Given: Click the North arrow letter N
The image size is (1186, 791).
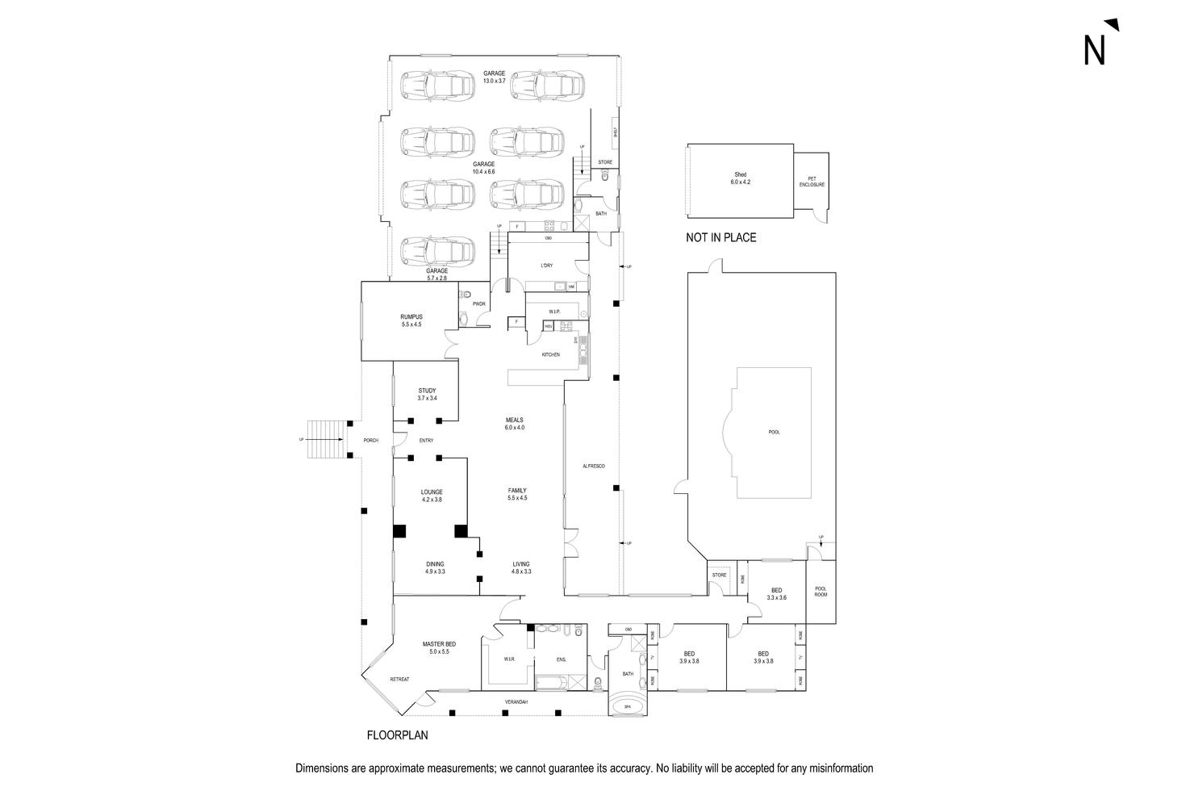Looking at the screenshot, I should (1094, 50).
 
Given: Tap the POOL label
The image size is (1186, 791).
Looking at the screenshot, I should (774, 433).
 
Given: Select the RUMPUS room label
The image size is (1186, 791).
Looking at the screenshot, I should (411, 320).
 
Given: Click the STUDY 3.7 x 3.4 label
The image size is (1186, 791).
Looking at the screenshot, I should (427, 395).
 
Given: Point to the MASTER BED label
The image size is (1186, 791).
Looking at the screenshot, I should (439, 647).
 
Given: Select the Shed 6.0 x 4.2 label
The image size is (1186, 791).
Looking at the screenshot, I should (740, 178).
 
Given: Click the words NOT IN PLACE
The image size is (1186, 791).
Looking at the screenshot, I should (720, 238).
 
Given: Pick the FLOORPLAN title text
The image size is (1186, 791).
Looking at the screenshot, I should (397, 735).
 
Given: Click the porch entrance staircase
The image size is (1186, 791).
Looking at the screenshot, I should (325, 440).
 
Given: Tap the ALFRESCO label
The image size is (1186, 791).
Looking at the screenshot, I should (593, 467).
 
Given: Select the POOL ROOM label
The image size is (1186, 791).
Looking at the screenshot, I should (821, 592).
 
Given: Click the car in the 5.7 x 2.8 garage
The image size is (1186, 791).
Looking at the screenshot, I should (436, 252).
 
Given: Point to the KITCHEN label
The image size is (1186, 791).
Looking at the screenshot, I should (550, 355).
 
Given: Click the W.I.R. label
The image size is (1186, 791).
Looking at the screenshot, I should (509, 659).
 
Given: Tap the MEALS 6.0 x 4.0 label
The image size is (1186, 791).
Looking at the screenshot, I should (515, 424).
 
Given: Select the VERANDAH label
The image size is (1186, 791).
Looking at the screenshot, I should (516, 702).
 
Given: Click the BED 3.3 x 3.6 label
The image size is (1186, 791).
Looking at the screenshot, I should (776, 594).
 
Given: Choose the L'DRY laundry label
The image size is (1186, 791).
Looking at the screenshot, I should (546, 266).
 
